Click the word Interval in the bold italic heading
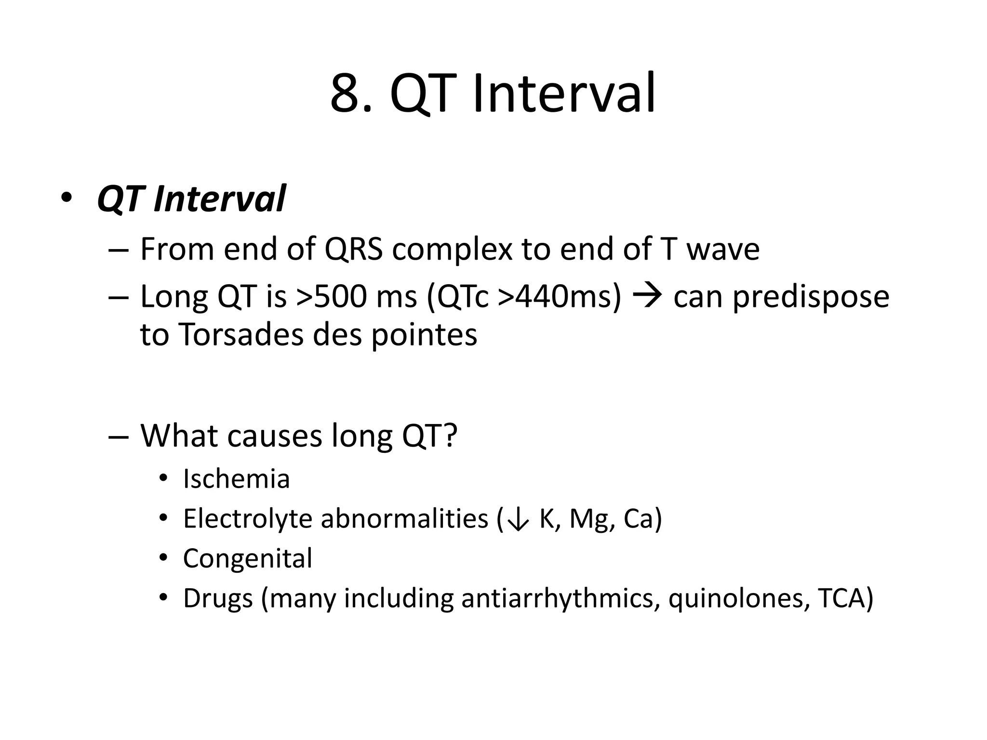(x=220, y=198)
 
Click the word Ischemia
(x=236, y=479)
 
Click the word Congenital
(x=248, y=558)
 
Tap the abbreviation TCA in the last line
(x=840, y=598)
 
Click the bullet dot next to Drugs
(x=163, y=598)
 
